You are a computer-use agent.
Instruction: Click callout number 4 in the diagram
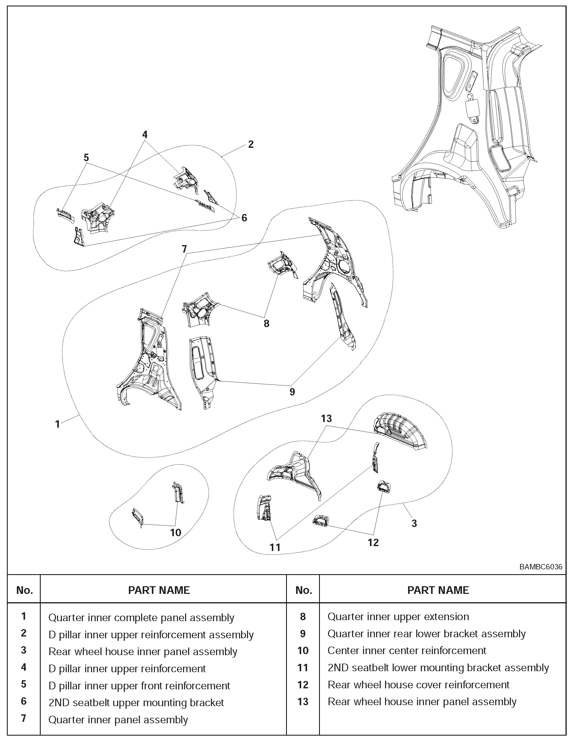[145, 135]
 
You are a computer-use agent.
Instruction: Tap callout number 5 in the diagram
[86, 158]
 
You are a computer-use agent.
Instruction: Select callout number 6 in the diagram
[244, 218]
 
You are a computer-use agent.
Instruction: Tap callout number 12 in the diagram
[373, 543]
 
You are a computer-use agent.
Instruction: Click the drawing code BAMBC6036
[541, 567]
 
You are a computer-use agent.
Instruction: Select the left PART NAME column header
[159, 590]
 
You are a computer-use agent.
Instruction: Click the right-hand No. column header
[303, 590]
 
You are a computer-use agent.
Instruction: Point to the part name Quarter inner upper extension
[398, 617]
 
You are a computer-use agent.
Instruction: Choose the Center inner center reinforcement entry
[407, 650]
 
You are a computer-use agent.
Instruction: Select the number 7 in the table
[24, 719]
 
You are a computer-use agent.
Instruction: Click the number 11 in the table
[303, 668]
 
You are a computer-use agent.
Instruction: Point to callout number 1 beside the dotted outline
[57, 424]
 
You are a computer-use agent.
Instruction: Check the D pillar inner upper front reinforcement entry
[139, 686]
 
